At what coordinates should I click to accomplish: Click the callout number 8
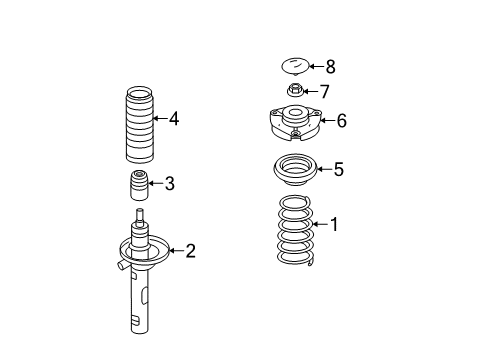(330, 67)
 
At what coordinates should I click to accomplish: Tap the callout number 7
(324, 92)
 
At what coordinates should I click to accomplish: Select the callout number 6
(342, 121)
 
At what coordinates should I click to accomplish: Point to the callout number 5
(338, 169)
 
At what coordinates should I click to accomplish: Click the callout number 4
(174, 119)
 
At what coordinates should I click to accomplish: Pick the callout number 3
(170, 184)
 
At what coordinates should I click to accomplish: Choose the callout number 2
(190, 251)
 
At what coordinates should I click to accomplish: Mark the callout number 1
(334, 224)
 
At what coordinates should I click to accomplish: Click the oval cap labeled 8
(295, 66)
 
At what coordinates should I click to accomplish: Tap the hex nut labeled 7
(295, 90)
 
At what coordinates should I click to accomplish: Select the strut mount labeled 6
(295, 123)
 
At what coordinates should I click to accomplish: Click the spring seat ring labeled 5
(296, 170)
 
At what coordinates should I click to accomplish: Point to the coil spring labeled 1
(296, 230)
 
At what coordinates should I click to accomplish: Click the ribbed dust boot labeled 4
(139, 125)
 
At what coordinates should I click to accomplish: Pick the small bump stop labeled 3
(139, 185)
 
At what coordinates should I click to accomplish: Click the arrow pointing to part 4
(160, 118)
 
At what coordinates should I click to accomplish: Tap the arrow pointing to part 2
(176, 250)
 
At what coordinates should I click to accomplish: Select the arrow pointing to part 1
(321, 224)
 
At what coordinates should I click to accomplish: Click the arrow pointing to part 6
(327, 120)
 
